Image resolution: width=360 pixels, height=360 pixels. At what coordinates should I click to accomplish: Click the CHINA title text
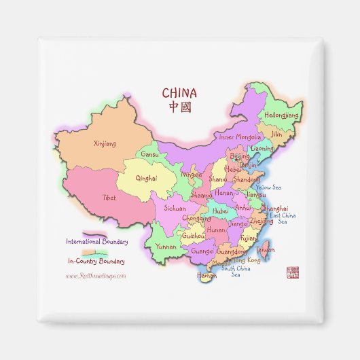(x=179, y=93)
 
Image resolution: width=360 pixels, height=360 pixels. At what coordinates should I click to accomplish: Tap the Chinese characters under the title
(x=179, y=107)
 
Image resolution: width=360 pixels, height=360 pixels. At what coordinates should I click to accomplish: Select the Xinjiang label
(x=104, y=144)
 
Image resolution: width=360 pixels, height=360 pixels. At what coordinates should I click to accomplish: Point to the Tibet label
(x=109, y=198)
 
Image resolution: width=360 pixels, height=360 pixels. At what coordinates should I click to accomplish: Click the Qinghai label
(x=146, y=179)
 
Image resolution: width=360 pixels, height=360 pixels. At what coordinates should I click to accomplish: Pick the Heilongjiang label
(x=281, y=115)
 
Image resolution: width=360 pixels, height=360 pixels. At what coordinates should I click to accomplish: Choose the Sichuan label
(x=175, y=209)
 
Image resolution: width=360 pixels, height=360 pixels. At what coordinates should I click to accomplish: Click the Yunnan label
(x=166, y=247)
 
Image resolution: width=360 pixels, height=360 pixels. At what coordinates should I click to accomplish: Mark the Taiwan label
(x=266, y=250)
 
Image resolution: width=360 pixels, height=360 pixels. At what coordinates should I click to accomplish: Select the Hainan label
(x=206, y=276)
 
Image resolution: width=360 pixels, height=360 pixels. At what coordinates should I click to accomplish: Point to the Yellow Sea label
(x=268, y=187)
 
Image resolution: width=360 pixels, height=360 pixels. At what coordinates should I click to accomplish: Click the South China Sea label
(x=236, y=271)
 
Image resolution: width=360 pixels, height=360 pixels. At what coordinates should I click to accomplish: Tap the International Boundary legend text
(x=96, y=241)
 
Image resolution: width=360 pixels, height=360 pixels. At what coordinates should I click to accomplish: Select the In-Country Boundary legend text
(x=96, y=261)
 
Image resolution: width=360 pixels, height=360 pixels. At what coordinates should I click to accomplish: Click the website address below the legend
(x=96, y=276)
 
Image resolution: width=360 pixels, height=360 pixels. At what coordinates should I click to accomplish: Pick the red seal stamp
(x=293, y=272)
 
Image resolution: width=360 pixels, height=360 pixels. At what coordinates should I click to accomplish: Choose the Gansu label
(x=149, y=155)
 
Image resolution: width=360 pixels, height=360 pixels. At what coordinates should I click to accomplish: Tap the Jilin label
(x=276, y=134)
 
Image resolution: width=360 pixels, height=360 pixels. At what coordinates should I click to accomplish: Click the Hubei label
(x=221, y=211)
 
